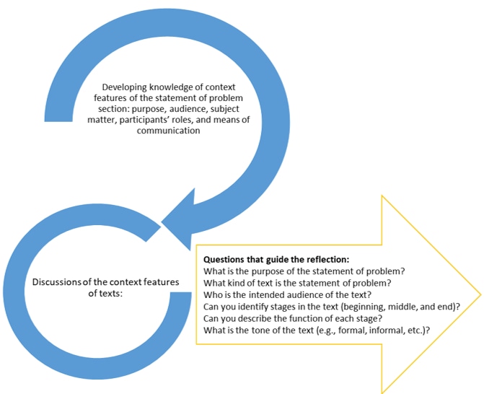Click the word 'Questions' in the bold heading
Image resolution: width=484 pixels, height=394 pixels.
[x=224, y=258]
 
